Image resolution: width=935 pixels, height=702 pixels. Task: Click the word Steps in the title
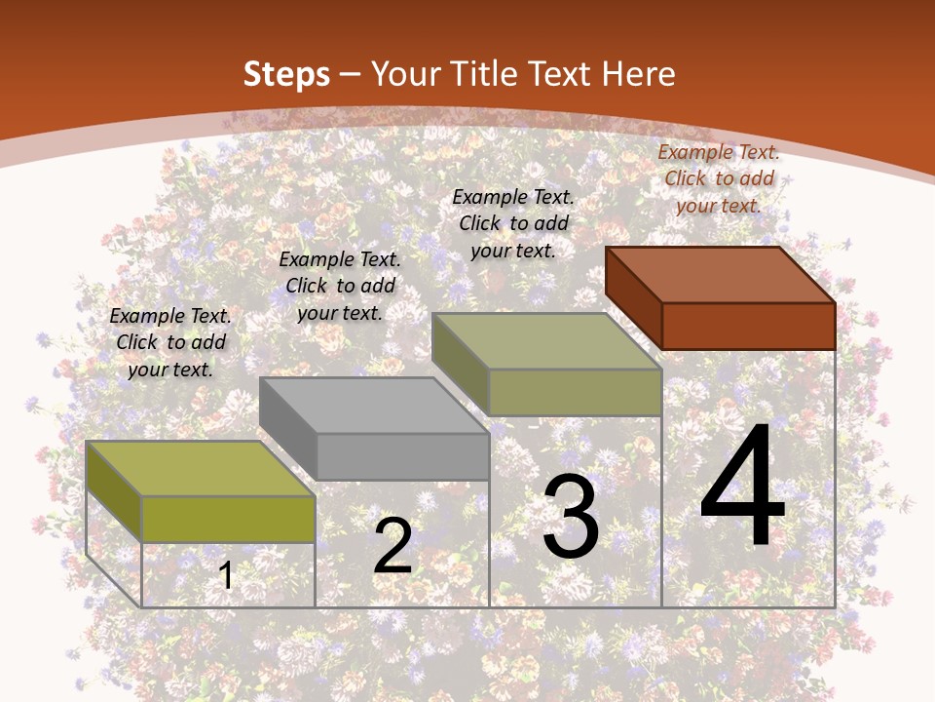coord(286,74)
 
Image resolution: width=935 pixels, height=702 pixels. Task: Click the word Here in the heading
coord(638,74)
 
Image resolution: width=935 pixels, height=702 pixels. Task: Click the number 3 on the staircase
coord(570,517)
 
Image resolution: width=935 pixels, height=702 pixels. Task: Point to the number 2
coord(393,546)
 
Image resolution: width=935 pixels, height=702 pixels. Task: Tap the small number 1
coord(226,575)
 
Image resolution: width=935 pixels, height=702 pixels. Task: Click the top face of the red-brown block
coord(720,275)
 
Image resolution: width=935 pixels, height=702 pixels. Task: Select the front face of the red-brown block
coord(748,326)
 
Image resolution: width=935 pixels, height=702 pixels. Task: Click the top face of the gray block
coord(374,406)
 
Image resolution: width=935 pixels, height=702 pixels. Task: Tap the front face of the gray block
coord(402,456)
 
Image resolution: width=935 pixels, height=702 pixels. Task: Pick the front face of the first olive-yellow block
coord(228,519)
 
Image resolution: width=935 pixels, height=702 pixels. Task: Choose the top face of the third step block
coord(546,341)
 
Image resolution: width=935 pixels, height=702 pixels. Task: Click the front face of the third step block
coord(575,392)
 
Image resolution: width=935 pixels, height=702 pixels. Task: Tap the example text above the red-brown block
coord(719,178)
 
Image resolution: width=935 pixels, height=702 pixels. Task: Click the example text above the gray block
coord(340,286)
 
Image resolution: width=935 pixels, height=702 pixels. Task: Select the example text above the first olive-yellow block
coord(170,342)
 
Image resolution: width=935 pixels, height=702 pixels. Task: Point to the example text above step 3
coord(513,223)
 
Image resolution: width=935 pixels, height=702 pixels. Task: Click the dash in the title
coord(351,75)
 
